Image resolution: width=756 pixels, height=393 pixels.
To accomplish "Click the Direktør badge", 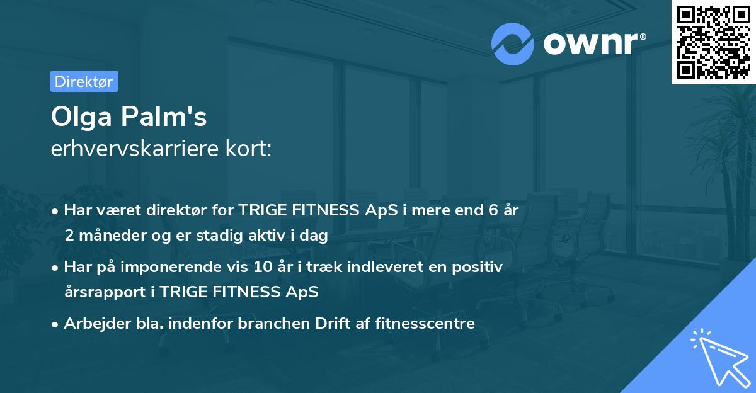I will (84, 81).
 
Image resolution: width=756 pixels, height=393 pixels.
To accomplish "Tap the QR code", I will (713, 42).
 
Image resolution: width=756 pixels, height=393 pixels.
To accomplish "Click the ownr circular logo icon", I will (512, 43).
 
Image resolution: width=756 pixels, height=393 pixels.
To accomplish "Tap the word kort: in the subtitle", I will (251, 150).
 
